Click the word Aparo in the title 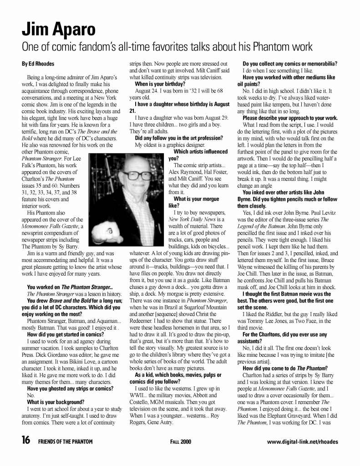(73, 30)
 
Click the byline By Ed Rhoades (38, 64)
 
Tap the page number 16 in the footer (26, 440)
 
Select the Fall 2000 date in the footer (180, 441)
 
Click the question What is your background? (56, 402)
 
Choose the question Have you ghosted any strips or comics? (70, 389)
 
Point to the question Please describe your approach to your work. (290, 118)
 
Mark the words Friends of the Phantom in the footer (65, 441)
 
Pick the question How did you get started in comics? (66, 334)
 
